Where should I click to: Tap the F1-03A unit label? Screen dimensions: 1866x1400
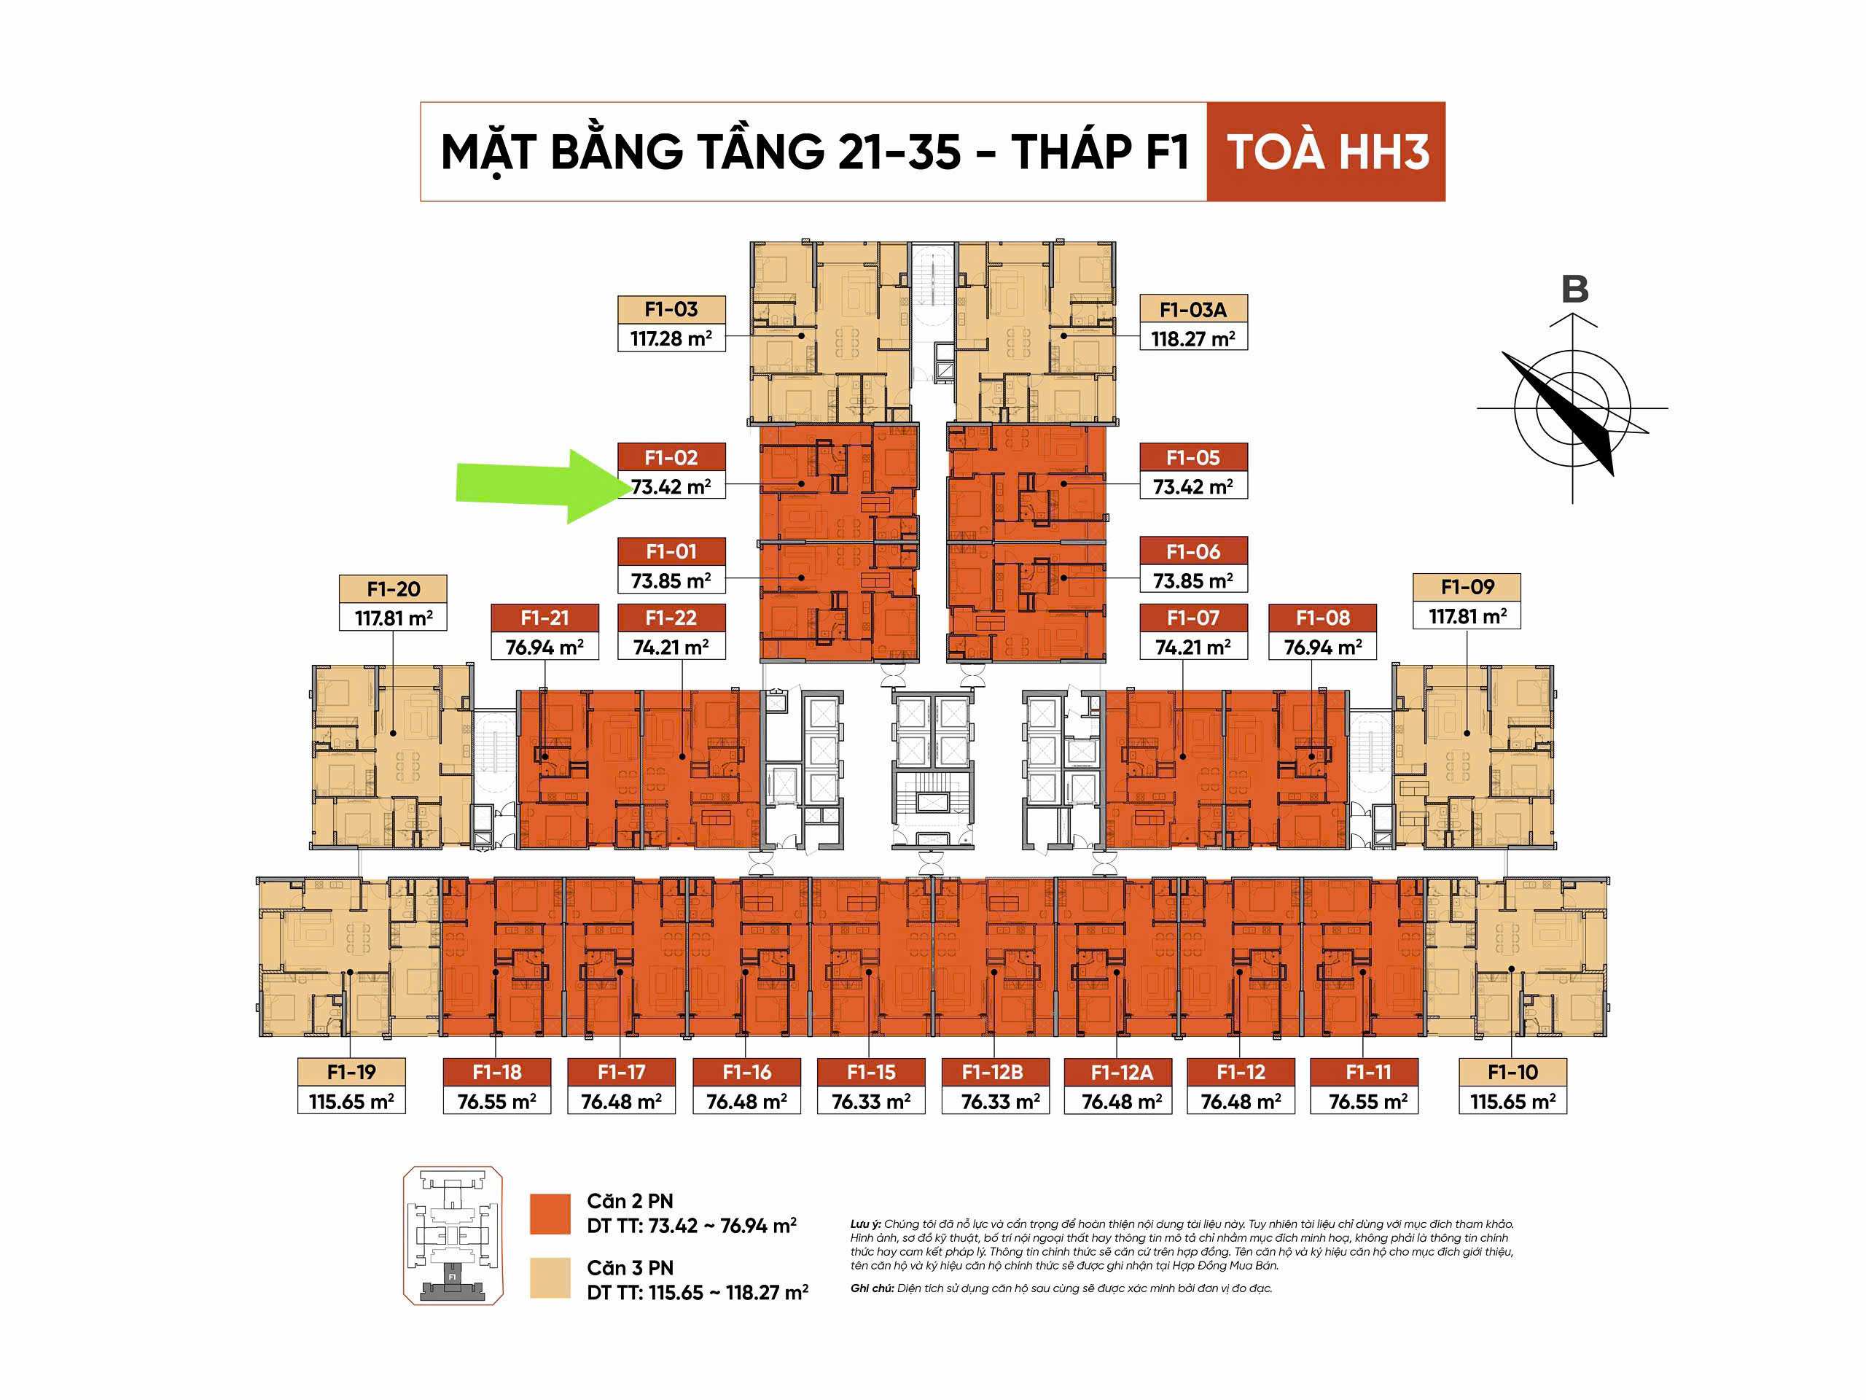tap(1192, 310)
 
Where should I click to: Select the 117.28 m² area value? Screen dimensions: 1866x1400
tap(671, 339)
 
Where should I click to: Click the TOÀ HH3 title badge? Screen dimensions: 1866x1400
tap(1326, 152)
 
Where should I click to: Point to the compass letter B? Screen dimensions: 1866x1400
tap(1574, 289)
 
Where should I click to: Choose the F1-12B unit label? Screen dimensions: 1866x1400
tap(994, 1072)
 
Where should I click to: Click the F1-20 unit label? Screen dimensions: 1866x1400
tap(393, 589)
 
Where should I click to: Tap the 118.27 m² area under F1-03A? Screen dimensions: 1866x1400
tap(1192, 339)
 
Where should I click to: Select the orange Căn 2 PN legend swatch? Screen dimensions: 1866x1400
tap(550, 1213)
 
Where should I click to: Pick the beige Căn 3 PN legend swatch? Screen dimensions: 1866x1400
tap(550, 1277)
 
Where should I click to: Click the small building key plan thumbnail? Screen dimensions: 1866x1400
tap(453, 1235)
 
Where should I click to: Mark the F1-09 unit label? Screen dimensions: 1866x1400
tap(1467, 587)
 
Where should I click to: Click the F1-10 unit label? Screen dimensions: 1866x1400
tap(1513, 1072)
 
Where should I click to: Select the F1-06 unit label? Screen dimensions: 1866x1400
tap(1192, 552)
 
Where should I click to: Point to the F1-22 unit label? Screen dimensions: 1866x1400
tap(671, 618)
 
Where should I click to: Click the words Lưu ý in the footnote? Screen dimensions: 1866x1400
tap(865, 1224)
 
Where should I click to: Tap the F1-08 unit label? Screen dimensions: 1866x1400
tap(1323, 618)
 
